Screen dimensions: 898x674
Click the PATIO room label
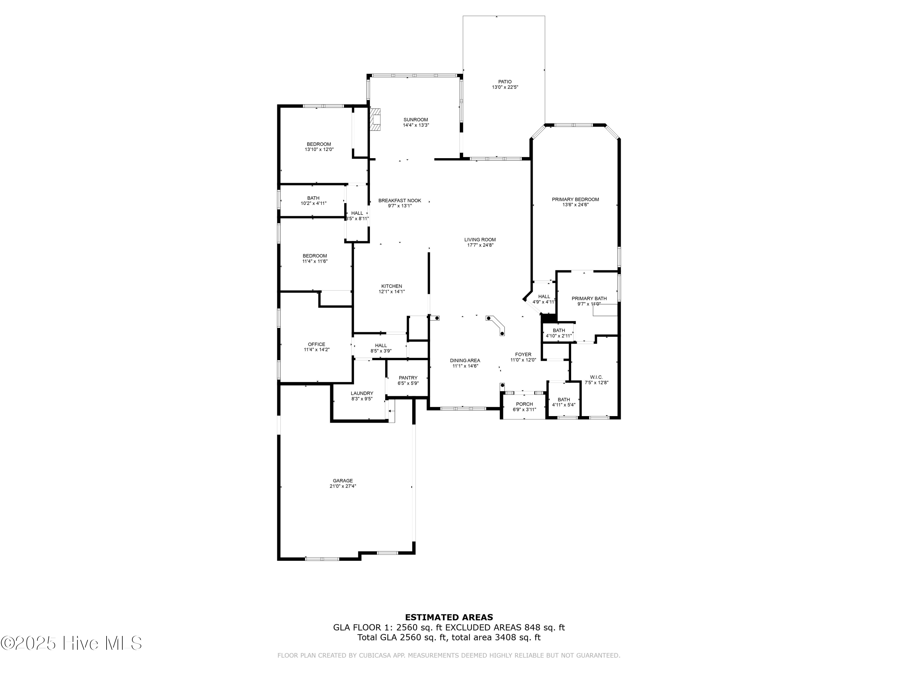click(x=505, y=82)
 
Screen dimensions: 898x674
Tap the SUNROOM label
click(x=416, y=120)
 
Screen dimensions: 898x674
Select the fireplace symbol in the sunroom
click(x=376, y=119)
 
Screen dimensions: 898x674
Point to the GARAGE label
click(x=343, y=480)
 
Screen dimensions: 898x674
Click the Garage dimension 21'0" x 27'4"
click(x=343, y=486)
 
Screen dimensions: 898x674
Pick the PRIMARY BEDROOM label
click(x=575, y=200)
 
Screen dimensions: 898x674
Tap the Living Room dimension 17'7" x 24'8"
click(x=480, y=245)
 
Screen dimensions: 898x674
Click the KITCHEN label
click(x=392, y=286)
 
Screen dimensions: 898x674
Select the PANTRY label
click(x=408, y=378)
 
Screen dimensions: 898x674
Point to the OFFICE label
click(x=317, y=344)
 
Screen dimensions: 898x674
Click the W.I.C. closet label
click(x=596, y=377)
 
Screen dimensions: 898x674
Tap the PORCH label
click(x=524, y=404)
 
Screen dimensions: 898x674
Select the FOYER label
click(x=523, y=354)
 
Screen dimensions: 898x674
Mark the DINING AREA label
click(x=465, y=360)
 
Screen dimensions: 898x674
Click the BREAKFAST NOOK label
click(x=400, y=200)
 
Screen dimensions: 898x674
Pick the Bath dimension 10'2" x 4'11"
click(x=313, y=203)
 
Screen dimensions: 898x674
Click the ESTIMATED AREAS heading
click(x=449, y=617)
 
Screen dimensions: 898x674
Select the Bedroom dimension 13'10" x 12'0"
click(x=319, y=149)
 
